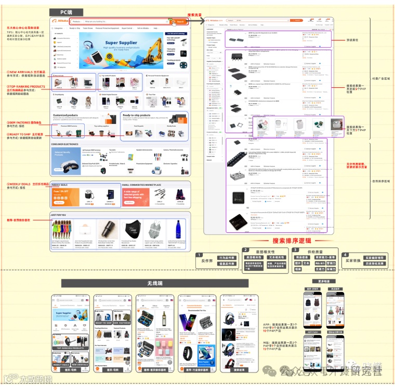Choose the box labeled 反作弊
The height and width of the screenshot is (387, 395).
(206, 260)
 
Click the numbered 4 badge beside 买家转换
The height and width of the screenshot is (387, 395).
(344, 255)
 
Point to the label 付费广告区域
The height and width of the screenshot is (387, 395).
(381, 79)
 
